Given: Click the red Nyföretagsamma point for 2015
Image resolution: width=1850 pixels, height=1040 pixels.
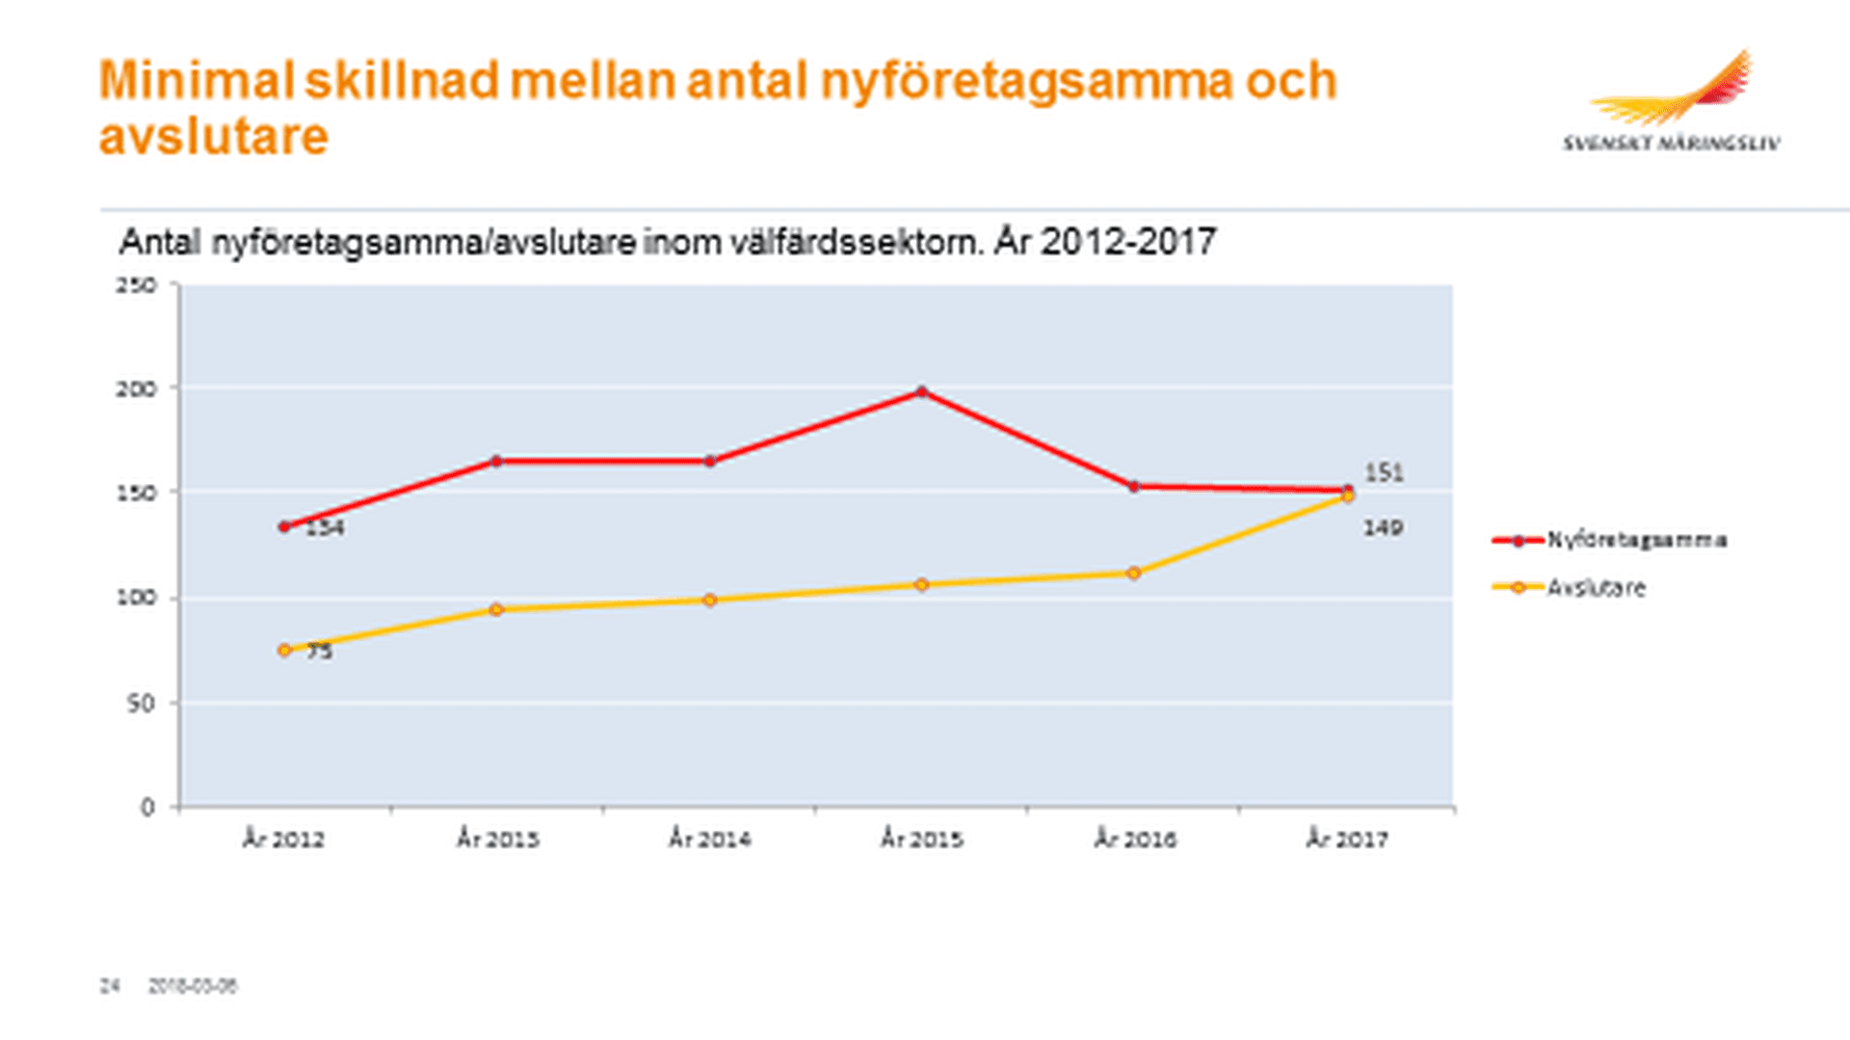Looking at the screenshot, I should tap(922, 392).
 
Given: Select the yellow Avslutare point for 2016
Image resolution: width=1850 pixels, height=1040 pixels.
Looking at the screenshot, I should tap(1134, 573).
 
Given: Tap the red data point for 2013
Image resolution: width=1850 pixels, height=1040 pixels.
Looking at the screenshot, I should tap(496, 462).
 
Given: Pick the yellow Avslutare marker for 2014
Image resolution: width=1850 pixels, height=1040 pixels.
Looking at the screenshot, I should tap(710, 600).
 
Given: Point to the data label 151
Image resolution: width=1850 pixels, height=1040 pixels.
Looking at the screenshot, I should tap(1384, 473).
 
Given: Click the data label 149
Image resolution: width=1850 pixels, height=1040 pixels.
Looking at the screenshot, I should tap(1383, 528).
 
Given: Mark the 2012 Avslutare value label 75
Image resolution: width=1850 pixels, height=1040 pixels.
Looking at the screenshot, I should tap(320, 652).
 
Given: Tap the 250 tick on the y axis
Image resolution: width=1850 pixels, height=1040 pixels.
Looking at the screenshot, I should tap(136, 285).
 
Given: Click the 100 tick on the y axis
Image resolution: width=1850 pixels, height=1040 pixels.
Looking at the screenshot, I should tap(136, 598).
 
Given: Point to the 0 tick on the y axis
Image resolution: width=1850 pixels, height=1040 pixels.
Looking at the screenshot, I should tap(147, 807).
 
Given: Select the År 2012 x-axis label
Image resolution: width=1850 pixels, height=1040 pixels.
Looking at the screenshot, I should tap(283, 840).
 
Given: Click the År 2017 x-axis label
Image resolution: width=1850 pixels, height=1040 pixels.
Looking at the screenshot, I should tap(1347, 840).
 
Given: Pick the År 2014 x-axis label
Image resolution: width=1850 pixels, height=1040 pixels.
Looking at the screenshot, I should tap(710, 840).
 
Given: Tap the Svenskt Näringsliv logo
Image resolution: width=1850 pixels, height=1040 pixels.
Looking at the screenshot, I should tap(1672, 101).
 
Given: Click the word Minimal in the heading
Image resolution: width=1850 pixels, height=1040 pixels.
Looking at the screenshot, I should tap(196, 81).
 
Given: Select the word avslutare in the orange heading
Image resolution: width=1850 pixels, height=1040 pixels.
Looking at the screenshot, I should tap(214, 137).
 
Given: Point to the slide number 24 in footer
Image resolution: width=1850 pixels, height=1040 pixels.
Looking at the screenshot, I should tap(110, 986).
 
